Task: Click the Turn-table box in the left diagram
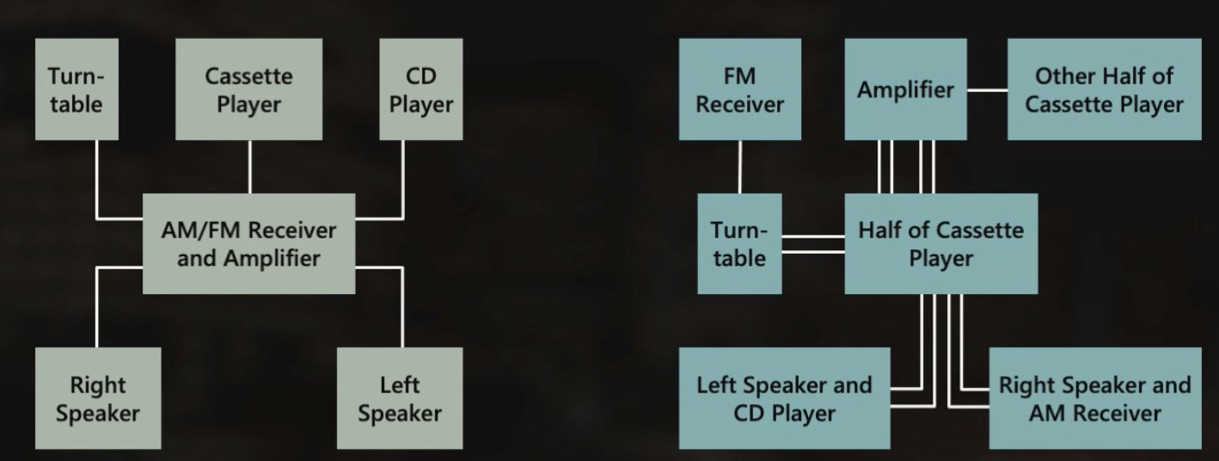[76, 89]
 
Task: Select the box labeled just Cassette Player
[248, 89]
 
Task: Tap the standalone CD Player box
[420, 89]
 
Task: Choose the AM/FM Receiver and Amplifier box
[248, 243]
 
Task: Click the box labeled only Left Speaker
[400, 397]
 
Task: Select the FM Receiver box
[739, 89]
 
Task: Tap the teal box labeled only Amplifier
[905, 89]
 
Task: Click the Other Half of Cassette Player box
[1104, 89]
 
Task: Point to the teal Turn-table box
[739, 243]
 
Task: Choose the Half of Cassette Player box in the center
[940, 243]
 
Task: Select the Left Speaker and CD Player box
[784, 397]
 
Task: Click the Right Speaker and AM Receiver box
[1094, 397]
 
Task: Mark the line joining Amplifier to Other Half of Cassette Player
[987, 89]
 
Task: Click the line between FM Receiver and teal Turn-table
[739, 167]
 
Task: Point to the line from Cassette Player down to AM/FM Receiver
[249, 167]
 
